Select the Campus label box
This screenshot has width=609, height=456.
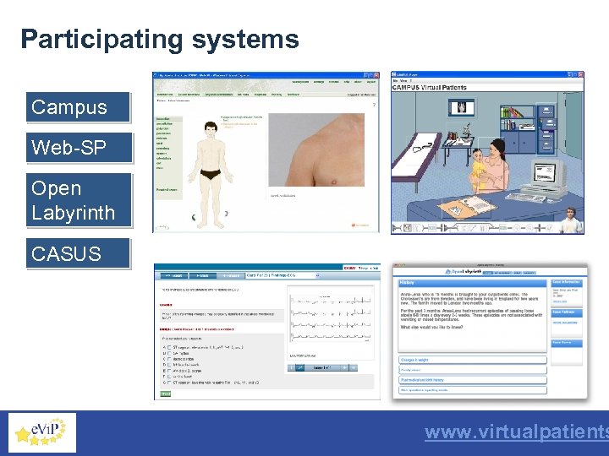pyautogui.click(x=78, y=108)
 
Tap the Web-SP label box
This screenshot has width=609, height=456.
pyautogui.click(x=78, y=149)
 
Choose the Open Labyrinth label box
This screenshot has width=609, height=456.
pyautogui.click(x=78, y=200)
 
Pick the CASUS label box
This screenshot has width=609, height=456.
pyautogui.click(x=78, y=253)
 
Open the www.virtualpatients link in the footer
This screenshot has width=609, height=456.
pyautogui.click(x=516, y=432)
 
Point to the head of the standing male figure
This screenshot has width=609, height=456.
pyautogui.click(x=211, y=128)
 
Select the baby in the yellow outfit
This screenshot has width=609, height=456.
pyautogui.click(x=477, y=172)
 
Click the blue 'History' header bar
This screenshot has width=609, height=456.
pyautogui.click(x=472, y=283)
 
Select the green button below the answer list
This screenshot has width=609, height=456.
pyautogui.click(x=166, y=394)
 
